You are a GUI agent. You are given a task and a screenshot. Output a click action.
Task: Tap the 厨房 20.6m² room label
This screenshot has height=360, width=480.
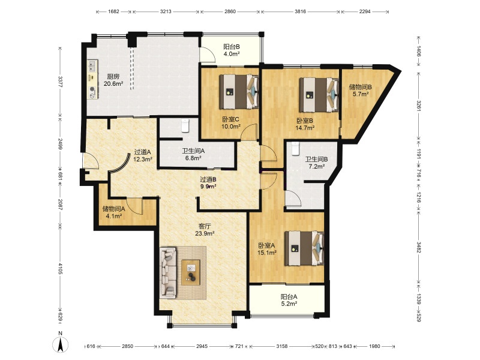(113, 80)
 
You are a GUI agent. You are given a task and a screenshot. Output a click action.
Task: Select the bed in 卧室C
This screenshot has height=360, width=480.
(239, 92)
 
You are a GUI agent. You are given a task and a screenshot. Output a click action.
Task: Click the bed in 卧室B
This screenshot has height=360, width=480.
(319, 95)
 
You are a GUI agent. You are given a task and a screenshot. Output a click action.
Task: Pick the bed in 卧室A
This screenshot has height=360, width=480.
(304, 248)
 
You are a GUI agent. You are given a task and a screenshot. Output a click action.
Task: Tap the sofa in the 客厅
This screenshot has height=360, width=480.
(169, 272)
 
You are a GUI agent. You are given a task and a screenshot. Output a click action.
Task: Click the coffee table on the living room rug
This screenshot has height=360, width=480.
(191, 272)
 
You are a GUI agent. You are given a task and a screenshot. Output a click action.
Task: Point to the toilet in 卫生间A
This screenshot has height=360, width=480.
(185, 126)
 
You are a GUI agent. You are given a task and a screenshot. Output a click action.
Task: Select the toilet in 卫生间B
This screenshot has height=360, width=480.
(295, 148)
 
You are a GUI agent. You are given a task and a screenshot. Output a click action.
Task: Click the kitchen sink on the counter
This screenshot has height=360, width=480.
(92, 66)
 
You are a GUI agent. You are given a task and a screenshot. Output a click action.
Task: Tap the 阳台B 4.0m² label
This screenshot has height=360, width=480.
(231, 50)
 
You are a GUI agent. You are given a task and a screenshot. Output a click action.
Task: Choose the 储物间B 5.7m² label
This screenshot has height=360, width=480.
(361, 91)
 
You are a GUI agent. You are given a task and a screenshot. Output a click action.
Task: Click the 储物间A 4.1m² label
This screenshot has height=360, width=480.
(113, 212)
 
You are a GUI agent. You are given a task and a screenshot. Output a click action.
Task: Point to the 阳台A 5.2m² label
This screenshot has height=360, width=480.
(289, 301)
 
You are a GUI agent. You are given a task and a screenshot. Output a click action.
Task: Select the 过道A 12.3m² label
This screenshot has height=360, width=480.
(143, 155)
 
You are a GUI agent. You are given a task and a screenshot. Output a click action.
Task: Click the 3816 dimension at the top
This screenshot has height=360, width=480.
(301, 11)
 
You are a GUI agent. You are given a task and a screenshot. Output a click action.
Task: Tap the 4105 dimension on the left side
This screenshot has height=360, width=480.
(61, 268)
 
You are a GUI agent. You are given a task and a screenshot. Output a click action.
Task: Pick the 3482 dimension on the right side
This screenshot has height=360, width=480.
(418, 247)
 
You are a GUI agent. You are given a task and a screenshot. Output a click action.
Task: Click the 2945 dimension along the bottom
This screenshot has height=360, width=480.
(202, 346)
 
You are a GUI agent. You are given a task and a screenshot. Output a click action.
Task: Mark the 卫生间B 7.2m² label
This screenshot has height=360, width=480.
(316, 163)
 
